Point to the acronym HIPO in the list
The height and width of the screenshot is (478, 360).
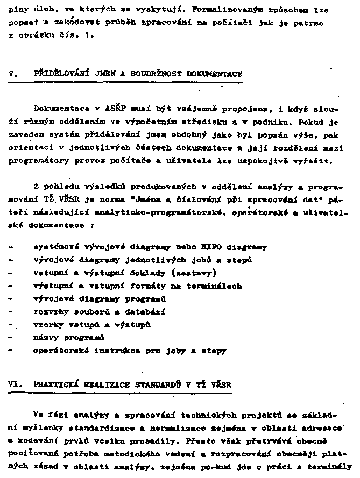coord(211,247)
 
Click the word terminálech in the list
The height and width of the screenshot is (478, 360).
coord(219,286)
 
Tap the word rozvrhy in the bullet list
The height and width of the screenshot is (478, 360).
coord(50,312)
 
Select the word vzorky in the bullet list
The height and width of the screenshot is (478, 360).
coord(48,325)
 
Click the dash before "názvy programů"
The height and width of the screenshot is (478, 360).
coord(11,338)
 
